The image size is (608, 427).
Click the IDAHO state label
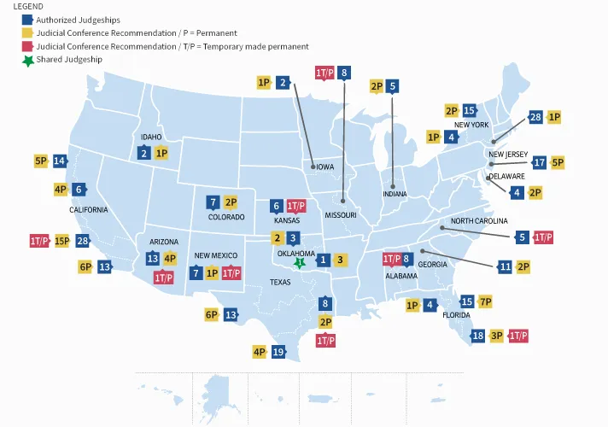tap(150, 137)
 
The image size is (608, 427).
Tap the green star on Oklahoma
tap(300, 263)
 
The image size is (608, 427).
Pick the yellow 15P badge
tap(62, 241)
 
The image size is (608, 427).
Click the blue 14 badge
tap(59, 161)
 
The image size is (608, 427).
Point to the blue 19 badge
tap(278, 351)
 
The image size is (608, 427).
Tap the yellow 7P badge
tap(485, 301)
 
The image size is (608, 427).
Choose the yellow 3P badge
tap(497, 336)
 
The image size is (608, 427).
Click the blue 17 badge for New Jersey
tap(539, 162)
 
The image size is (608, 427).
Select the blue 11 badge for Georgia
tap(505, 267)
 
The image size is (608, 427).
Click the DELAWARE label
tap(506, 177)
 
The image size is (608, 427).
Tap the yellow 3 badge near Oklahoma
tap(340, 260)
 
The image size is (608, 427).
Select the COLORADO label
tap(226, 218)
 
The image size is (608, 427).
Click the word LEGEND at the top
tap(28, 5)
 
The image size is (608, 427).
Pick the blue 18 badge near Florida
tap(478, 336)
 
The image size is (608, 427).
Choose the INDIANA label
tap(394, 194)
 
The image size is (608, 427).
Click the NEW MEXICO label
tap(214, 256)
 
